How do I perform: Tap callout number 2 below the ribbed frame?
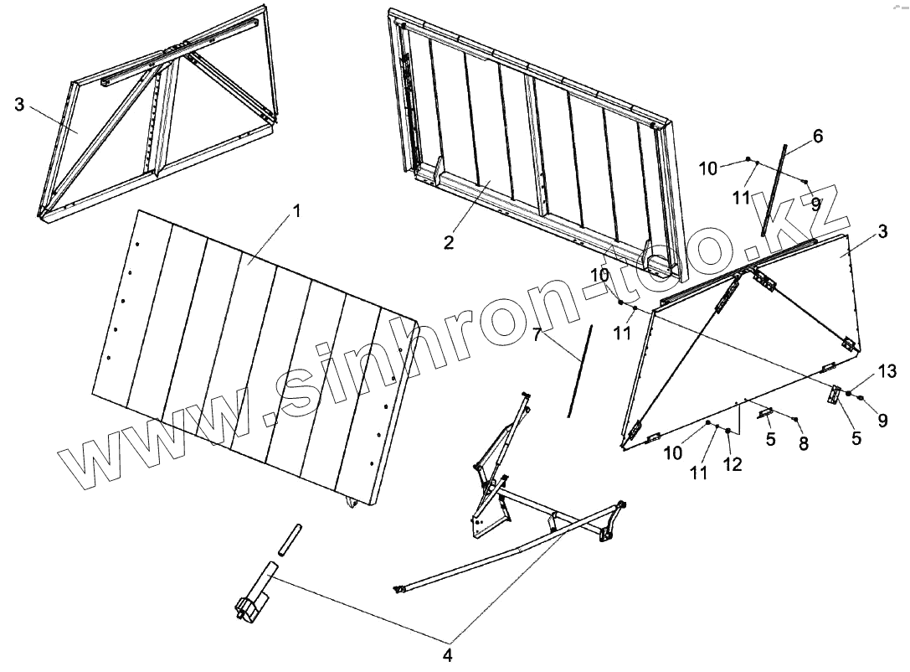(x=449, y=243)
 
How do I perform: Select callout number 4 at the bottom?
(x=447, y=654)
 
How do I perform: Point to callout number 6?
(x=818, y=136)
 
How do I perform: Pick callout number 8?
(x=804, y=444)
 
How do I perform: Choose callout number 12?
(x=733, y=463)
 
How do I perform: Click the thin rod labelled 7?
(x=578, y=369)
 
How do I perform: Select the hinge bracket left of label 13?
(x=835, y=394)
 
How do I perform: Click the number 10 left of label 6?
(x=708, y=168)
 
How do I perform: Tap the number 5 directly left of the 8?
(x=771, y=439)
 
